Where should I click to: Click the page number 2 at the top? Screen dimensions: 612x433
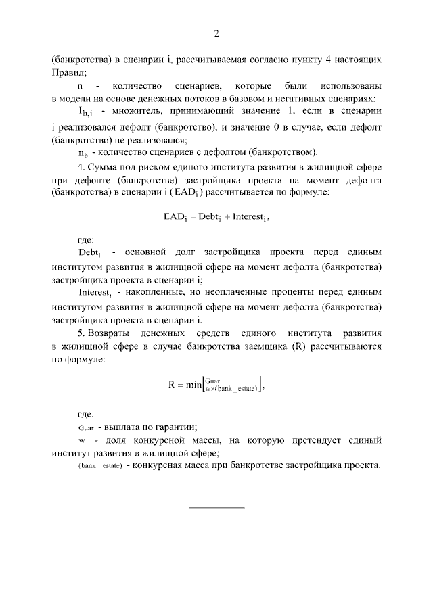point(216,34)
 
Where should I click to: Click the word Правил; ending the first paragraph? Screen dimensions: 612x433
point(68,72)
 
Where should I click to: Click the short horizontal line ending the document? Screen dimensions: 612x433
point(216,507)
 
